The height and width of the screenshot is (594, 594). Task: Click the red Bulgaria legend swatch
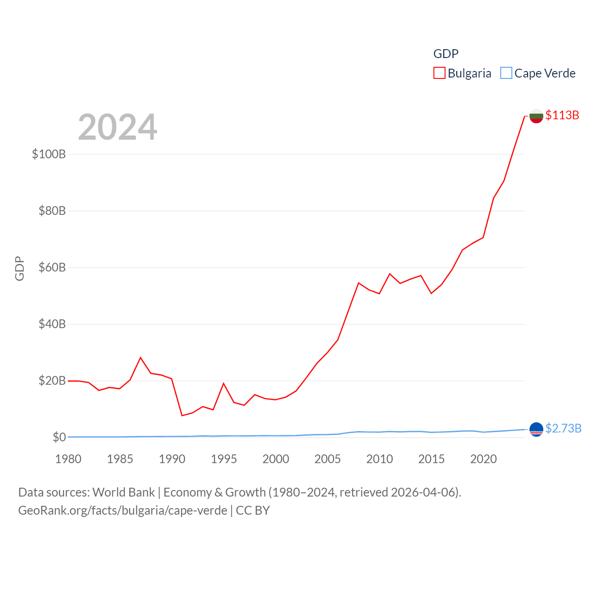pyautogui.click(x=439, y=73)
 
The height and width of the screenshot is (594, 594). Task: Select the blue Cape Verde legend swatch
pyautogui.click(x=506, y=73)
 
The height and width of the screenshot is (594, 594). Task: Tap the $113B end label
pyautogui.click(x=562, y=115)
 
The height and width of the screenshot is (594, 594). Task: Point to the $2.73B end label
pyautogui.click(x=563, y=428)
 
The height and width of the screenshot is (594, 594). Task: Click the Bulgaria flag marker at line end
pyautogui.click(x=536, y=116)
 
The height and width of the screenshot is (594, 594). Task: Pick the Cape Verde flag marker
pyautogui.click(x=536, y=430)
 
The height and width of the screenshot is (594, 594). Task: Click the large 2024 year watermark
pyautogui.click(x=117, y=127)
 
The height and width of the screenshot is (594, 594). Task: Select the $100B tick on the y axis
pyautogui.click(x=49, y=154)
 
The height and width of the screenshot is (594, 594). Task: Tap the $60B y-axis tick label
pyautogui.click(x=52, y=267)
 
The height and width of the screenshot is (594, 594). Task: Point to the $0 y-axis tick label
pyautogui.click(x=59, y=437)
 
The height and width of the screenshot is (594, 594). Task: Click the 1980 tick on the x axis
pyautogui.click(x=68, y=459)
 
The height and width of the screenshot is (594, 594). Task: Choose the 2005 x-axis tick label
pyautogui.click(x=328, y=459)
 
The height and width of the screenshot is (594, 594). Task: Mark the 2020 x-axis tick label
pyautogui.click(x=483, y=459)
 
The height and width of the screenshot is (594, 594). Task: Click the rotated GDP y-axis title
pyautogui.click(x=19, y=268)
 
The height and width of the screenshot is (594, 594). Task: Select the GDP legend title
pyautogui.click(x=445, y=54)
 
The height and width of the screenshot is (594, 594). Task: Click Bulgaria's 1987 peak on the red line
pyautogui.click(x=141, y=357)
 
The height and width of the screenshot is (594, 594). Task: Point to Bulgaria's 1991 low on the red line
pyautogui.click(x=182, y=415)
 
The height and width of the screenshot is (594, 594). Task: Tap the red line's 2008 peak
pyautogui.click(x=359, y=283)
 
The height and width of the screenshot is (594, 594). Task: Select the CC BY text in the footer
pyautogui.click(x=252, y=510)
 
